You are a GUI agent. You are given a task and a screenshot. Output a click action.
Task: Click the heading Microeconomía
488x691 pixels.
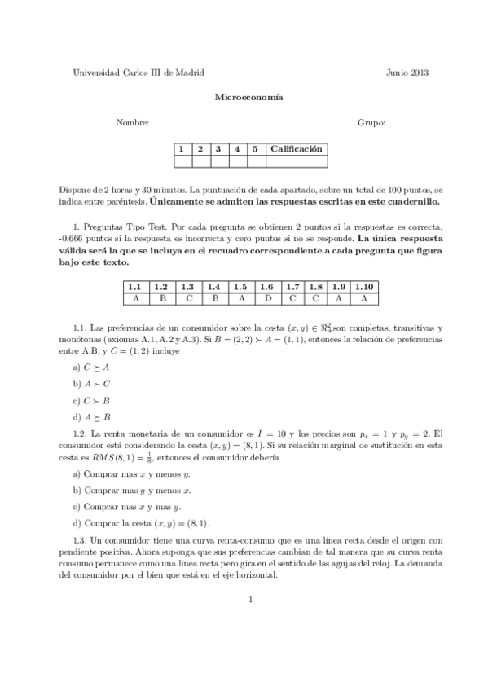[248, 97]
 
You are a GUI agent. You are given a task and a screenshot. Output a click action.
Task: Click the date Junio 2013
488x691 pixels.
[407, 73]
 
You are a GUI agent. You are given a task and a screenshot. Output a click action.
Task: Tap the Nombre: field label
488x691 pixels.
[133, 122]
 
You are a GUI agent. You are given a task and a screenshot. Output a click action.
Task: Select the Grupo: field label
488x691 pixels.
[371, 122]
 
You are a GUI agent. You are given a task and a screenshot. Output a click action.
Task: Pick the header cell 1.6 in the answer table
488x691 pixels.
[266, 288]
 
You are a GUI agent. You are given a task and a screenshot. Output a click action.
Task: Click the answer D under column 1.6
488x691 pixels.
[266, 298]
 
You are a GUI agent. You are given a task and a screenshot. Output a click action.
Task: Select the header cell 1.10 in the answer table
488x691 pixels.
[364, 288]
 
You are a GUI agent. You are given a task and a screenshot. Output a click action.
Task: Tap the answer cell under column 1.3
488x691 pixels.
[187, 298]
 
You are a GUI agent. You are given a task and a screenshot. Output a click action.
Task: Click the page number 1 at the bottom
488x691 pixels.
[252, 601]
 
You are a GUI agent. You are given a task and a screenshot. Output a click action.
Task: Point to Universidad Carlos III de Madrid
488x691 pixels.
[138, 73]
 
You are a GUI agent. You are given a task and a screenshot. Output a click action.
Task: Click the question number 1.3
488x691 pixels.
[80, 539]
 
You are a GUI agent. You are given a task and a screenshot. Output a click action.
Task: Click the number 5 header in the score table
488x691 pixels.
[255, 149]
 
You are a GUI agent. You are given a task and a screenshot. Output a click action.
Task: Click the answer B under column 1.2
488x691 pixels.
[161, 298]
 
